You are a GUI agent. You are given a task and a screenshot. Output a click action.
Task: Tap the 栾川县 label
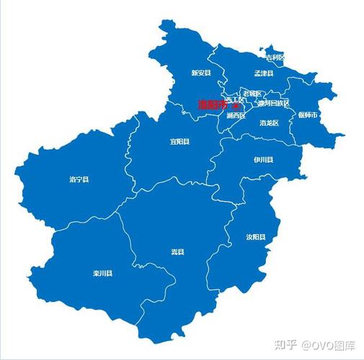(x=103, y=273)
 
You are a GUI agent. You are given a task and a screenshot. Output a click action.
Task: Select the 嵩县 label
(x=177, y=251)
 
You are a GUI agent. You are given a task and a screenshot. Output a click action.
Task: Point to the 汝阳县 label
(x=255, y=236)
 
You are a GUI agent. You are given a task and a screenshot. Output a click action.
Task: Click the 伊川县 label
(x=263, y=159)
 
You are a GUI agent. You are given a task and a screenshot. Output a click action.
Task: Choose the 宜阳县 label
(x=179, y=142)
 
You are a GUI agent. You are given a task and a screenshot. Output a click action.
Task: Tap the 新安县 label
(x=201, y=73)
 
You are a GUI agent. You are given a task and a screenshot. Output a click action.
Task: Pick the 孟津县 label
(x=264, y=73)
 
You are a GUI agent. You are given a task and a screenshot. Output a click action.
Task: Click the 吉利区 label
(x=275, y=58)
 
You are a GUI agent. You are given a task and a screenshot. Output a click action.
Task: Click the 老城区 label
(x=252, y=94)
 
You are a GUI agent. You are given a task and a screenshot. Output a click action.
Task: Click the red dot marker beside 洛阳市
(x=235, y=105)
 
